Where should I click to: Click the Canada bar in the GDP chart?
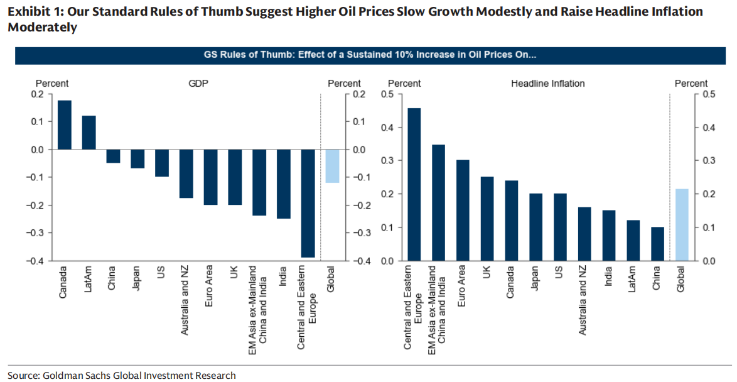(x=64, y=124)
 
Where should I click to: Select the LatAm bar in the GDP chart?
(x=89, y=133)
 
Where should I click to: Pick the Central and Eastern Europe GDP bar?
(x=307, y=203)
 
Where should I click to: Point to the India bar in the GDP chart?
(x=283, y=183)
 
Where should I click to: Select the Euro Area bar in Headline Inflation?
(x=463, y=210)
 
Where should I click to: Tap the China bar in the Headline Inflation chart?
(x=657, y=244)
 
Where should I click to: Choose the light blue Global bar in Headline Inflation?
(x=682, y=224)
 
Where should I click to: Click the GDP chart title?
(x=198, y=84)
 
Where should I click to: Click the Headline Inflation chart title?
(x=547, y=84)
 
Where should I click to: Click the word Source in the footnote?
(x=23, y=375)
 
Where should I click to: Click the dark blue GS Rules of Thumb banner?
(x=368, y=55)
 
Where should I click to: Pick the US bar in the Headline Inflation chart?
(x=560, y=227)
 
